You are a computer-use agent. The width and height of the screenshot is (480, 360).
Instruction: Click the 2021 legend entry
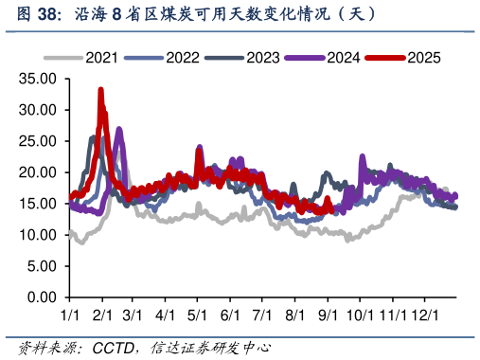pyautogui.click(x=100, y=58)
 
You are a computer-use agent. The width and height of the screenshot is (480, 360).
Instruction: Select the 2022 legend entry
pyautogui.click(x=181, y=58)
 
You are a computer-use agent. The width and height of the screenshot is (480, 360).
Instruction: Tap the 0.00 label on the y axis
pyautogui.click(x=44, y=297)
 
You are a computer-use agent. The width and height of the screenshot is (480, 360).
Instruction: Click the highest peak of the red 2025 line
pyautogui.click(x=100, y=90)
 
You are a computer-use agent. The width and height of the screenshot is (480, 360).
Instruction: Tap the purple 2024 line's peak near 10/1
pyautogui.click(x=363, y=156)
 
